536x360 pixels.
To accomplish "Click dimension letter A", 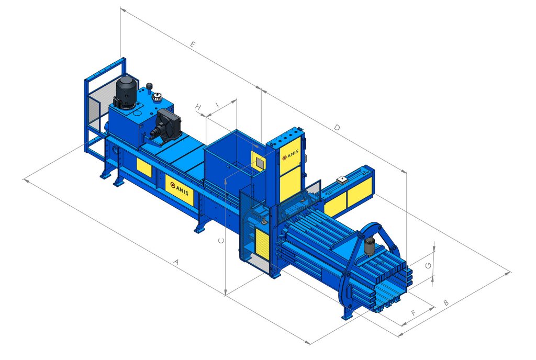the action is coord(176,262).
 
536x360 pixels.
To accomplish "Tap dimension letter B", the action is coord(446,302).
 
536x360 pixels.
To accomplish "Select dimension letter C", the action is coord(221,241).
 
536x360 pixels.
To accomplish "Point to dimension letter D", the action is coord(337,128).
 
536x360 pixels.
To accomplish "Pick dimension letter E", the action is coord(193,44).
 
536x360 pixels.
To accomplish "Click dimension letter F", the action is coord(414,312).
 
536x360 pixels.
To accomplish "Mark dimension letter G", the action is coord(428,265).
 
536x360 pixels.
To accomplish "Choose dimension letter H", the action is coord(198,107).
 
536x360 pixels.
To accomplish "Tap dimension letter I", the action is coord(217,104).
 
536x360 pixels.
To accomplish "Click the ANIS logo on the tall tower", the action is coord(290,155).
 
